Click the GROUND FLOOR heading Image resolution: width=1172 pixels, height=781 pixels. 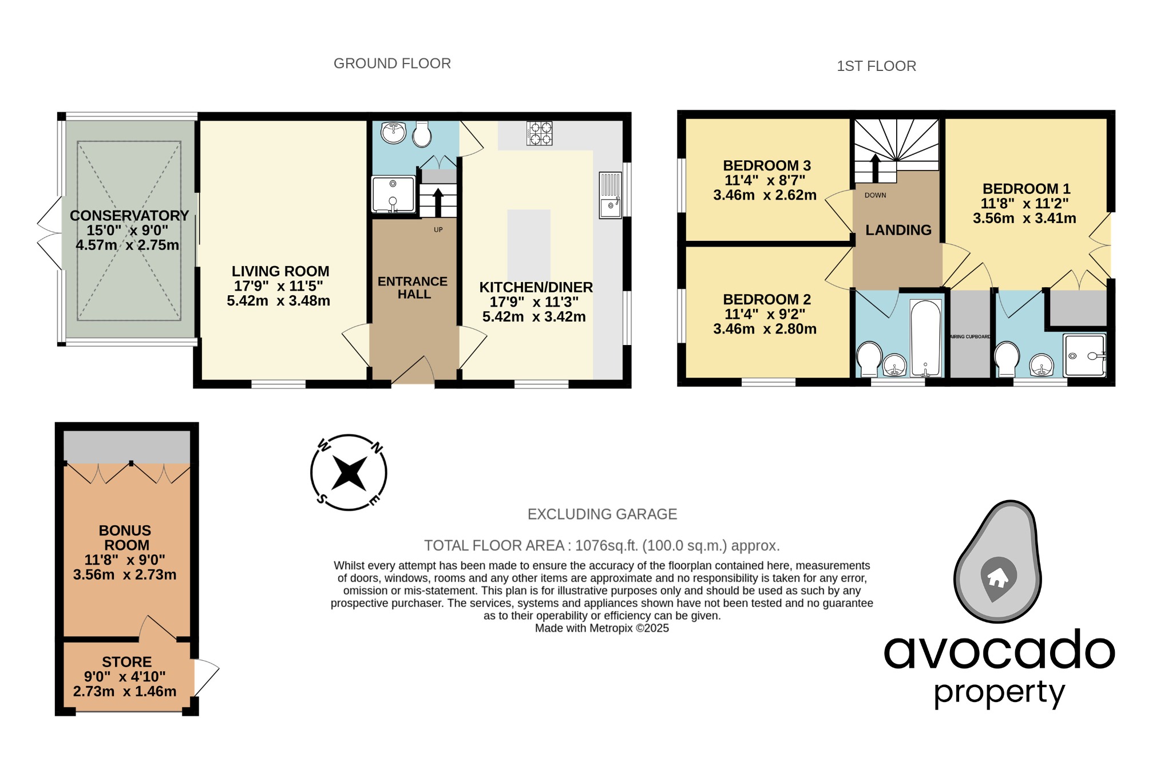tap(392, 64)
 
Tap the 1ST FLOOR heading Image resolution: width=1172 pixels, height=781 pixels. tap(876, 66)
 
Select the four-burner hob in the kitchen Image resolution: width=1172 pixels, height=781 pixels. tap(539, 133)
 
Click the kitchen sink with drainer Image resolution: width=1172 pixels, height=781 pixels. tap(610, 195)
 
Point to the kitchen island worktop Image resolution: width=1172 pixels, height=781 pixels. tap(529, 245)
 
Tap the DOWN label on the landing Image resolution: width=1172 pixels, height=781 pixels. tap(875, 195)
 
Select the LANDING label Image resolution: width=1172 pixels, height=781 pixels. tap(898, 230)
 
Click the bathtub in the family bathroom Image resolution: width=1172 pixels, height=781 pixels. tap(925, 338)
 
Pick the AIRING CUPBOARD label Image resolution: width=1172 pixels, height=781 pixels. tap(969, 336)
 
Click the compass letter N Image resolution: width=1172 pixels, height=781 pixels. tap(377, 448)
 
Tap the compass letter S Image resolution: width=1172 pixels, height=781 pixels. tap(322, 499)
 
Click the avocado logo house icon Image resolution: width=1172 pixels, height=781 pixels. tap(998, 578)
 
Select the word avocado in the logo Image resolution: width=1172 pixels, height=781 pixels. tap(999, 651)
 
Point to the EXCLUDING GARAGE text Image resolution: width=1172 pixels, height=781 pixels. tap(602, 514)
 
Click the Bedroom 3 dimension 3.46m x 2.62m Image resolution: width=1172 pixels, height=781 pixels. tap(765, 195)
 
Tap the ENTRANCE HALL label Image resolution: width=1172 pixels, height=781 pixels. tap(413, 288)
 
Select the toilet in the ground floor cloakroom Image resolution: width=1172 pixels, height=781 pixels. tap(422, 134)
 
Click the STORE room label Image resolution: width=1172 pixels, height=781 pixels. tap(126, 662)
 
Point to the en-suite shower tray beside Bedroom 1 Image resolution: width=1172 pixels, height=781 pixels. tap(1084, 355)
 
